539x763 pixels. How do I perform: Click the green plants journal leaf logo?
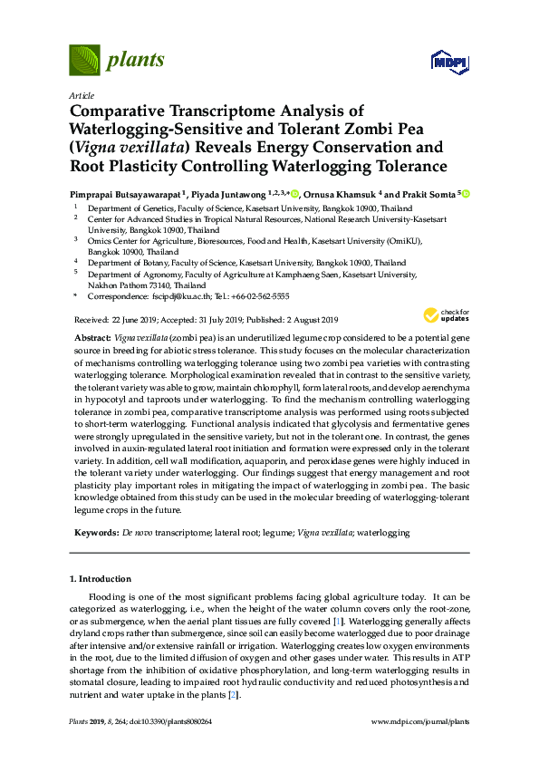point(84,61)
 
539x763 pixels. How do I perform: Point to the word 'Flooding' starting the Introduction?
point(107,598)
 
